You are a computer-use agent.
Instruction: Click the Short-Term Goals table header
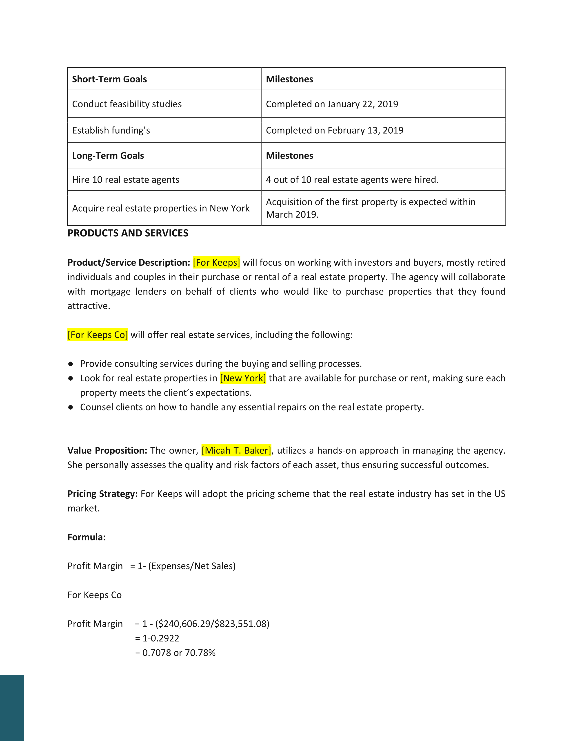click(x=109, y=79)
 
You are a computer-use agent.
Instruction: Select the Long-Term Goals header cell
click(x=108, y=155)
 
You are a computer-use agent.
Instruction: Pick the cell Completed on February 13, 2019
click(x=334, y=130)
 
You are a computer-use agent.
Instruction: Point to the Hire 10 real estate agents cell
click(x=126, y=179)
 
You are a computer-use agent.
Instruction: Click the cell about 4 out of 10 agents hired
click(x=352, y=179)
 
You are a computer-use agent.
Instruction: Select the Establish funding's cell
click(x=111, y=130)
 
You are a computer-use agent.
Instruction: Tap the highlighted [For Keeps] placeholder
click(x=216, y=262)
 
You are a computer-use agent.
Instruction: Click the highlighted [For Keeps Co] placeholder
click(x=98, y=335)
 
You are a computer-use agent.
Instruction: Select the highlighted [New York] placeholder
click(x=243, y=378)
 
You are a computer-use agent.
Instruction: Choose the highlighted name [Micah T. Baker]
click(x=236, y=450)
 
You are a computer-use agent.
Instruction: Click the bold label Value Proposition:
click(x=107, y=450)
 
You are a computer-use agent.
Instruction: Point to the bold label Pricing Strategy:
click(x=102, y=494)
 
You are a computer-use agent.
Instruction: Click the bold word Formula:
click(x=87, y=537)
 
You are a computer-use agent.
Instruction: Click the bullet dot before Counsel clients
click(x=71, y=407)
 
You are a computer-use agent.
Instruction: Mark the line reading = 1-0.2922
click(x=157, y=638)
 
